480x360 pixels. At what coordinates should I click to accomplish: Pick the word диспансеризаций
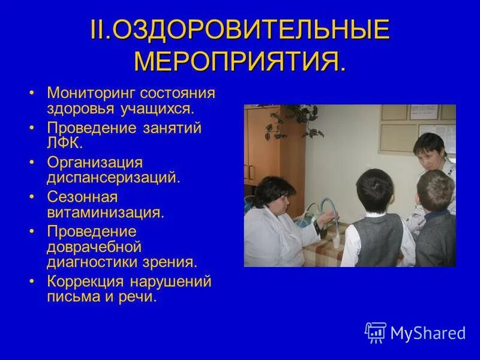(112, 178)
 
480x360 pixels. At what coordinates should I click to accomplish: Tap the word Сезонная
(82, 197)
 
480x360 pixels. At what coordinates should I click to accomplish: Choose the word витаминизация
(104, 212)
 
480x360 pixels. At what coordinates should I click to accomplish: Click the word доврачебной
(94, 247)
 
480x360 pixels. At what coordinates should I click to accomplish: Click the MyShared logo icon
(375, 332)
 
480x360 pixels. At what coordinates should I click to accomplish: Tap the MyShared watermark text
(428, 333)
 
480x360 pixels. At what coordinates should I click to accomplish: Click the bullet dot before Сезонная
(32, 198)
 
